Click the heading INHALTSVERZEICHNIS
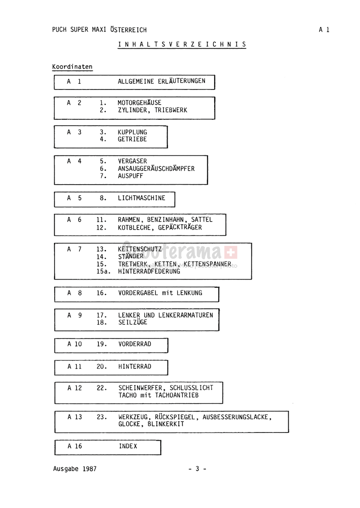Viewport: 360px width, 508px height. [x=182, y=44]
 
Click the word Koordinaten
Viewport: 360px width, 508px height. [x=72, y=67]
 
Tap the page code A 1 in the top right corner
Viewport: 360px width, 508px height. [x=324, y=30]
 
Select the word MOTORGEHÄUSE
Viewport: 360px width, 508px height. [x=139, y=103]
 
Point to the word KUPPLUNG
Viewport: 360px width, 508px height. [x=133, y=132]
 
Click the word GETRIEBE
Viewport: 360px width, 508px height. [x=133, y=140]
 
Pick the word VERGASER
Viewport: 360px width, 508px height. [x=133, y=161]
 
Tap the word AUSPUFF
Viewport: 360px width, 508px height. [x=130, y=176]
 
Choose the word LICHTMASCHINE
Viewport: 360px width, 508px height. [x=142, y=198]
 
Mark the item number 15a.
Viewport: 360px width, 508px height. [x=103, y=271]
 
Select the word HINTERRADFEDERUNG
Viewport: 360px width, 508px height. [x=149, y=271]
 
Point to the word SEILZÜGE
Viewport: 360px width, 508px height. [x=133, y=322]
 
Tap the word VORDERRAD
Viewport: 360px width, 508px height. [x=135, y=344]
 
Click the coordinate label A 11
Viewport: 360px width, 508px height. [x=74, y=366]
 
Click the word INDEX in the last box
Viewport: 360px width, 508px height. [x=128, y=446]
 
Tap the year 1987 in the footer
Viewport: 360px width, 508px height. [x=89, y=469]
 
